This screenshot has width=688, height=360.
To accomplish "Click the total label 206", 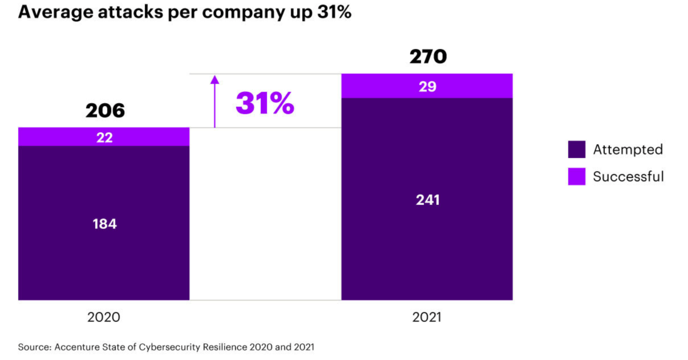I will coord(105,111).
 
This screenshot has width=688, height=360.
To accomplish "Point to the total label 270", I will coord(428,57).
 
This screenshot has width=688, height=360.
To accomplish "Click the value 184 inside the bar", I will coord(105,224).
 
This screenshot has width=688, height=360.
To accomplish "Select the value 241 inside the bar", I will coord(427,200).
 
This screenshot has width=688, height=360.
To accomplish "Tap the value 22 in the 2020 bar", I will coord(105,138).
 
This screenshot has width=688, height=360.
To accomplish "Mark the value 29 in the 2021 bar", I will coord(427,87).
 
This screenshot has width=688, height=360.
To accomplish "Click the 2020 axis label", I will coord(104,317).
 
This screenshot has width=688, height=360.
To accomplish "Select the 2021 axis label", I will coord(427,317).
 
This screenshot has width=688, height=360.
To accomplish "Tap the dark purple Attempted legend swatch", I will coord(577,150).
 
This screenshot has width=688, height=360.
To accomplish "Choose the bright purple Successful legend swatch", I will coord(577,176).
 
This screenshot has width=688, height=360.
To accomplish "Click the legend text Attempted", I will coord(628,150).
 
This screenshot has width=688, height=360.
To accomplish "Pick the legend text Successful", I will coord(628,176).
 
